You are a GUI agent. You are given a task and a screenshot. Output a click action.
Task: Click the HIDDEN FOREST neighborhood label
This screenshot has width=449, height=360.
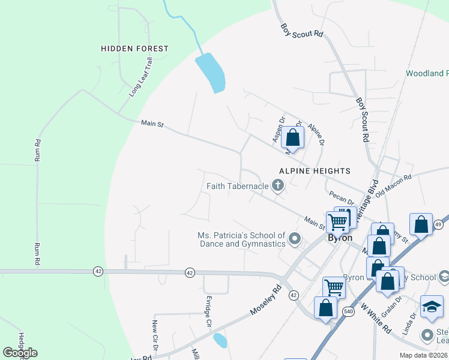coord(134,48)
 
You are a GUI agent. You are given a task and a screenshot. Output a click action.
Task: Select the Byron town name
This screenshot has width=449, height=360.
coord(339,238)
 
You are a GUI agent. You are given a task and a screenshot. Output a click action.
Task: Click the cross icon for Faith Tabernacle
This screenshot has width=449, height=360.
coord(277,186)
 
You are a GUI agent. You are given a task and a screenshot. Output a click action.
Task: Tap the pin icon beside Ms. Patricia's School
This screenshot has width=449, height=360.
coord(294,240)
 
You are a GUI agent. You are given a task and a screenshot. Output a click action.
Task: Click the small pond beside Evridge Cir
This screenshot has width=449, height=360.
coord(220,341)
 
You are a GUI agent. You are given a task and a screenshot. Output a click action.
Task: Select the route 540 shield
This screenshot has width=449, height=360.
coord(348,311)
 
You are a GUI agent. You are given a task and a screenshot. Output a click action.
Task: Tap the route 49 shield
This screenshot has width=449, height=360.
coord(438,224)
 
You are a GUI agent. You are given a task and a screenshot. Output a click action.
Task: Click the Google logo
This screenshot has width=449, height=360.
coord(20,353)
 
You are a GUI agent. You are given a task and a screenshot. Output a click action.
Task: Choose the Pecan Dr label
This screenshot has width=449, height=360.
coord(342,198)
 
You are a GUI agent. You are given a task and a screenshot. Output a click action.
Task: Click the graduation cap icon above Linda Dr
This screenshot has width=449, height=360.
coord(432,306)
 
